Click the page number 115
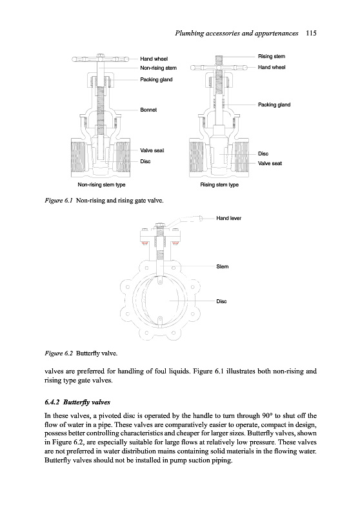310,33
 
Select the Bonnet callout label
148,110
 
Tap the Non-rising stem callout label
158,68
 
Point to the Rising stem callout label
272,56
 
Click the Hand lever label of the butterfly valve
228,218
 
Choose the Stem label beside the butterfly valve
223,266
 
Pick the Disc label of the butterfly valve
221,301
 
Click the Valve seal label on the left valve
152,150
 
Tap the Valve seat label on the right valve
270,163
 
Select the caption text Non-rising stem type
101,184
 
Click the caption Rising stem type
219,184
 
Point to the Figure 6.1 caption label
59,201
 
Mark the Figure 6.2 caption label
59,353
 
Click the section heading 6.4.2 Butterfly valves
77,402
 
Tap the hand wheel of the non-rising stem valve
101,59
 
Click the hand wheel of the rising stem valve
219,68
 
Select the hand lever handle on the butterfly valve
185,221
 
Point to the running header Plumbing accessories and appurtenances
237,33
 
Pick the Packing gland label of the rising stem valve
274,104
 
